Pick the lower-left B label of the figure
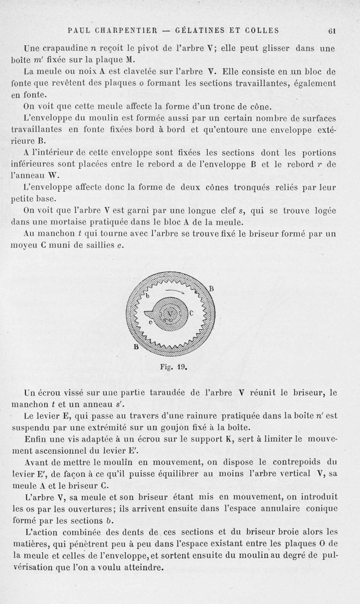click(x=131, y=347)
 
